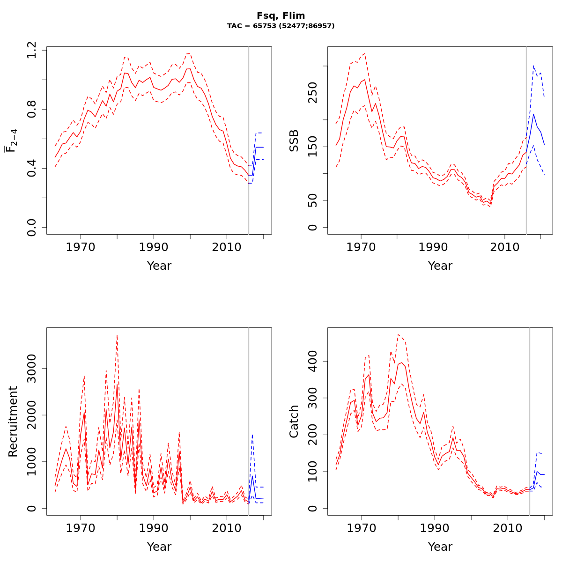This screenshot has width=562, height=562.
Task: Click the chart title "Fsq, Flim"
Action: [281, 16]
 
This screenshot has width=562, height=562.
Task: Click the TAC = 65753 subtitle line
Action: [281, 26]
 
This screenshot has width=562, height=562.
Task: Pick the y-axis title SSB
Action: [294, 140]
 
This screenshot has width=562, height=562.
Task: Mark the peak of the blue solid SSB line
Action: [533, 114]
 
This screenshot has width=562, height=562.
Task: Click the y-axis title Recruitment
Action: [13, 421]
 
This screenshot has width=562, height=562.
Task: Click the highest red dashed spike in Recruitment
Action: [117, 335]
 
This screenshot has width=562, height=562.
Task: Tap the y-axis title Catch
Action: [294, 421]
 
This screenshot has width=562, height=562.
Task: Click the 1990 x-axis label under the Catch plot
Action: [435, 528]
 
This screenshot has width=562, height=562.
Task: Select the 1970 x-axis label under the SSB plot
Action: [361, 247]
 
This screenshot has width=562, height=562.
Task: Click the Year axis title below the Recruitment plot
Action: [159, 547]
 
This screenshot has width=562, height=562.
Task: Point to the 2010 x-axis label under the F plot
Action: [227, 247]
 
